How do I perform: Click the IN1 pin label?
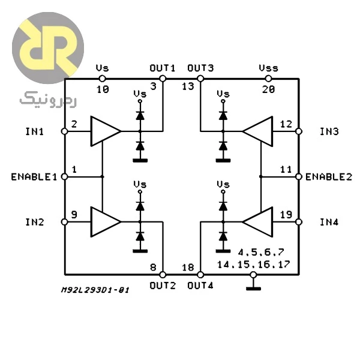[x=34, y=131]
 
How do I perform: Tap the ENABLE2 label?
[x=329, y=177]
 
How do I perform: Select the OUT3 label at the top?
[x=200, y=68]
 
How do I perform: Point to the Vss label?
[x=268, y=68]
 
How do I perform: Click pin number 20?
[x=268, y=89]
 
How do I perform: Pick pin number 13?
[x=188, y=86]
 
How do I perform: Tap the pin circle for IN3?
[x=298, y=131]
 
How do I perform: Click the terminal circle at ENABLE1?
[x=65, y=177]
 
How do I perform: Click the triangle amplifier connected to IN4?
[x=258, y=222]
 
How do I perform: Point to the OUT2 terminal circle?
[x=163, y=275]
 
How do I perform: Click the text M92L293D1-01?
[x=95, y=290]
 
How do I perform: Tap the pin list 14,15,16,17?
[x=253, y=265]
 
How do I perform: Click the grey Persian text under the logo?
[x=48, y=100]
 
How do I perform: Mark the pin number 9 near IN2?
[x=74, y=215]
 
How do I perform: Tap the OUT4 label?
[x=200, y=286]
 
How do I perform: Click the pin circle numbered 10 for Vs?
[x=102, y=79]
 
